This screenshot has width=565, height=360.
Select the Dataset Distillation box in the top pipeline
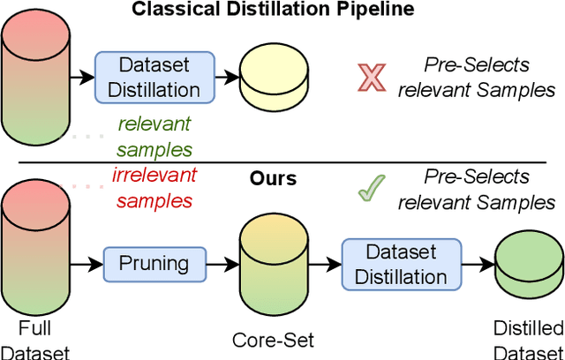pos(154,77)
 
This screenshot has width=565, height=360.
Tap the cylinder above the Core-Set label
pos(266,263)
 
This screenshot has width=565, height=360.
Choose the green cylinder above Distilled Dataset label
pos(526,263)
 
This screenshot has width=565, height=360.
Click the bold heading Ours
pos(272,178)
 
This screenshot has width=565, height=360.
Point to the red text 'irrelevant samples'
pos(154,187)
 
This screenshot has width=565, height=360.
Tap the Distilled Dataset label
pos(526,340)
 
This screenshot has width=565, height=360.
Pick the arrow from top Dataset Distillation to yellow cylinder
pos(226,77)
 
